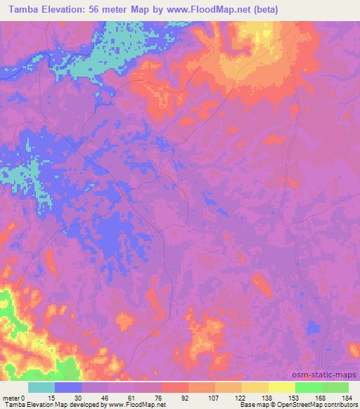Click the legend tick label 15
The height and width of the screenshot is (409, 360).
[51, 397]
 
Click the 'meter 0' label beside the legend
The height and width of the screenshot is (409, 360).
[13, 397]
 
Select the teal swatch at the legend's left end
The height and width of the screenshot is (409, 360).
[41, 387]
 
